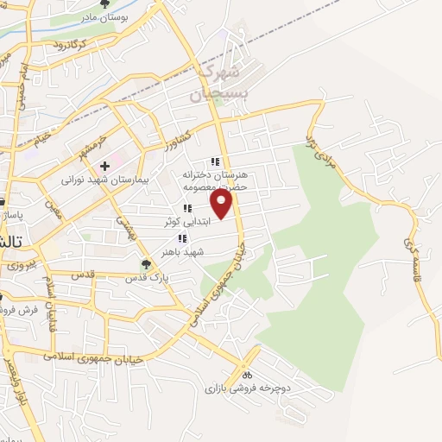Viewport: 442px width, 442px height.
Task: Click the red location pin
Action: coord(222,204)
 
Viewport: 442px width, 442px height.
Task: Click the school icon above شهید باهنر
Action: coord(181,238)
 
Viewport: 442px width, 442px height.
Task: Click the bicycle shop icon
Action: coord(246,376)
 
